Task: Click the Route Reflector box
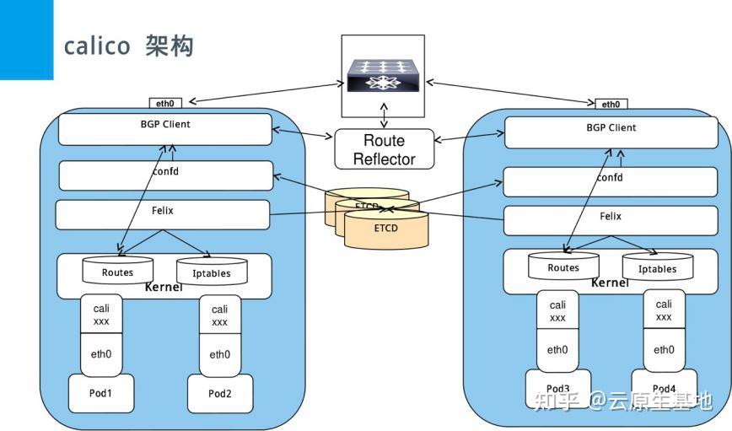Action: [x=384, y=148]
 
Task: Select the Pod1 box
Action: [x=100, y=393]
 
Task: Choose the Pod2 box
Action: [x=219, y=393]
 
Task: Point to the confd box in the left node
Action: [x=165, y=175]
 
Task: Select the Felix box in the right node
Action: [x=611, y=220]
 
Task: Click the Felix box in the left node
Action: [x=163, y=214]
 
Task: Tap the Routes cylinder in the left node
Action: [x=117, y=272]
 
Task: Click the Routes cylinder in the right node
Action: [x=563, y=267]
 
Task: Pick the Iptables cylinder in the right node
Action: [x=657, y=268]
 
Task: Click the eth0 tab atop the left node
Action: [x=165, y=104]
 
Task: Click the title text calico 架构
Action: [x=129, y=46]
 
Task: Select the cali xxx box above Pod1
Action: [x=101, y=314]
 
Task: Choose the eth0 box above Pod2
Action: [x=219, y=355]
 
